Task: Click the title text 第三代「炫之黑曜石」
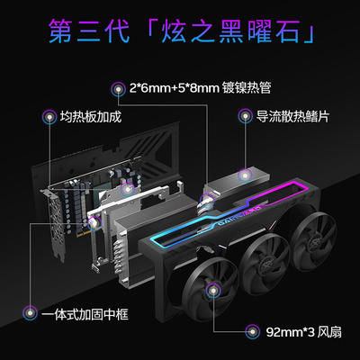point(182,31)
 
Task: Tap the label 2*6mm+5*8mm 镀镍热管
point(200,88)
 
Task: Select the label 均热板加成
point(91,116)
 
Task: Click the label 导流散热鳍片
point(292,116)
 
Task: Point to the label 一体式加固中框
point(85,314)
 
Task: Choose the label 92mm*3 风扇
point(303,332)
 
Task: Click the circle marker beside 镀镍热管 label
point(118,89)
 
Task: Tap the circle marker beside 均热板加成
point(49,117)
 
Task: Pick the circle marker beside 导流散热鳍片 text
point(246,116)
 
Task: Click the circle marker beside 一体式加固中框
point(31,313)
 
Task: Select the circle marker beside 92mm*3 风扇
point(252,332)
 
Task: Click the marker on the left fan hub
point(213,291)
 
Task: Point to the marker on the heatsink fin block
point(245,175)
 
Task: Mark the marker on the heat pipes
point(208,201)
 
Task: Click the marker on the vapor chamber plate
point(128,189)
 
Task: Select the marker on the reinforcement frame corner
point(94,223)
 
